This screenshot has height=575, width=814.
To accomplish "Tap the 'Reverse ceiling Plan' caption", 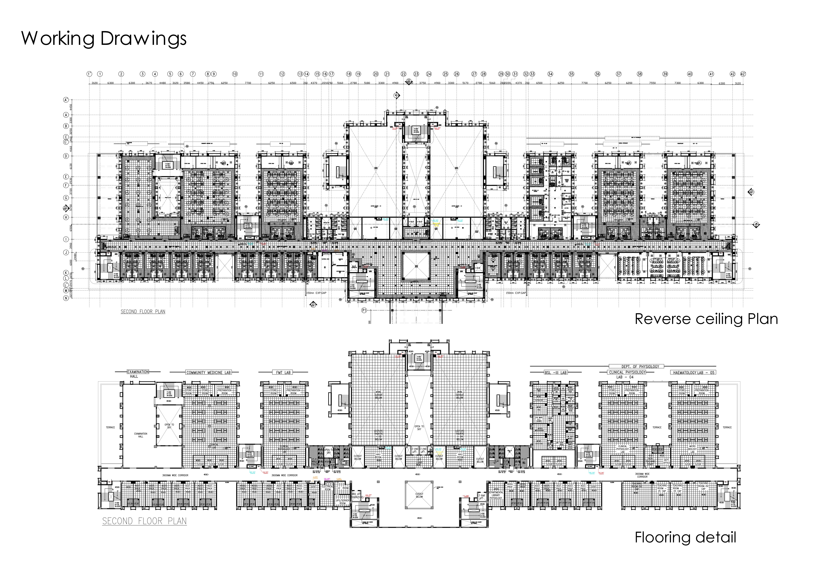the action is point(706,319).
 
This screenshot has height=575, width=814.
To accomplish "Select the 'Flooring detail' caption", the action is point(685,537).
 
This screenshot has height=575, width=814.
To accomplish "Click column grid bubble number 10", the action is point(235,74).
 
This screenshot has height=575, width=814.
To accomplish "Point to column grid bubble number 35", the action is point(571,74).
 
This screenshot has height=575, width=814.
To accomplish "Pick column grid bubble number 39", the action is point(665,74).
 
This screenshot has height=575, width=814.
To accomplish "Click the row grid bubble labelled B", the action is point(66,126).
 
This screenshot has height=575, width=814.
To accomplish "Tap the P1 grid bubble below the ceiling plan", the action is point(364,310).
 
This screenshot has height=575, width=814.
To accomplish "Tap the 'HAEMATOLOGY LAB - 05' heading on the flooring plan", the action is point(692,372).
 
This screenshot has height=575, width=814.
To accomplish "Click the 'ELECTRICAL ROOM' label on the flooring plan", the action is point(327,488).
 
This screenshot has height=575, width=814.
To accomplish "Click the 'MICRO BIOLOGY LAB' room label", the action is point(692,449).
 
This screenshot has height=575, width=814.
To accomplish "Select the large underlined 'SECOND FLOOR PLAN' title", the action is point(144,521).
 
